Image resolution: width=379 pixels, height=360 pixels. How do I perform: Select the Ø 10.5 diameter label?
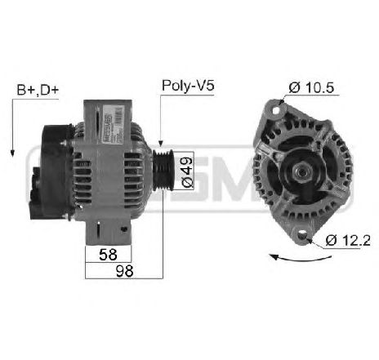(x=311, y=87)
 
